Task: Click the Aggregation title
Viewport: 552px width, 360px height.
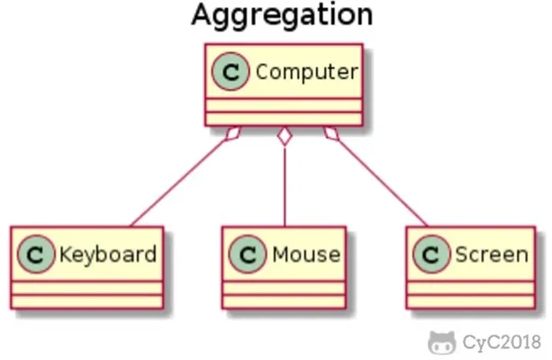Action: pyautogui.click(x=282, y=15)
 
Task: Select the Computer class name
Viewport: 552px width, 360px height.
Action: pyautogui.click(x=307, y=73)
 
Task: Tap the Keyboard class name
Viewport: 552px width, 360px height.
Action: pyautogui.click(x=108, y=255)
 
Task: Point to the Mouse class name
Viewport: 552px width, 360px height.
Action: pyautogui.click(x=306, y=255)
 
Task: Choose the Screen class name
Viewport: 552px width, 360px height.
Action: pyautogui.click(x=492, y=255)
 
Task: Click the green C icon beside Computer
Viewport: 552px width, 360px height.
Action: pyautogui.click(x=231, y=72)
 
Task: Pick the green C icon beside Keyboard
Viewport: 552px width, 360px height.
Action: pyautogui.click(x=36, y=254)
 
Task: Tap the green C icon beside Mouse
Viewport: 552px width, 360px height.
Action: pyautogui.click(x=248, y=254)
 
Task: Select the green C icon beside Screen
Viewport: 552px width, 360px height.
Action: pyautogui.click(x=431, y=254)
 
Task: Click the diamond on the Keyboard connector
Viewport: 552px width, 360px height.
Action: pyautogui.click(x=232, y=134)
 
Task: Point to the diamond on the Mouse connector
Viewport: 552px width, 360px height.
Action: pyautogui.click(x=285, y=136)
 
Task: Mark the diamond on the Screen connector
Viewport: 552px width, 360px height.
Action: pyautogui.click(x=331, y=134)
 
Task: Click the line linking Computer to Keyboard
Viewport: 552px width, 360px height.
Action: pyautogui.click(x=178, y=184)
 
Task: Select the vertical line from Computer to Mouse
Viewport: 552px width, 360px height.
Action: pyautogui.click(x=285, y=186)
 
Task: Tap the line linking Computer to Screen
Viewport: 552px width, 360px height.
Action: pyautogui.click(x=383, y=184)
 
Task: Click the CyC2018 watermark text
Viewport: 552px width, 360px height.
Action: pyautogui.click(x=502, y=342)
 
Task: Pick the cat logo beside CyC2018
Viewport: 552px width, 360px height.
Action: pyautogui.click(x=441, y=342)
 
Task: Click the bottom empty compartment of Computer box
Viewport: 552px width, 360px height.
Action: pyautogui.click(x=284, y=119)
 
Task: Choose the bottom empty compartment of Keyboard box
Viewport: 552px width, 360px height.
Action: pyautogui.click(x=87, y=301)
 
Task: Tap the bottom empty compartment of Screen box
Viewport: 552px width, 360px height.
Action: pyautogui.click(x=471, y=301)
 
